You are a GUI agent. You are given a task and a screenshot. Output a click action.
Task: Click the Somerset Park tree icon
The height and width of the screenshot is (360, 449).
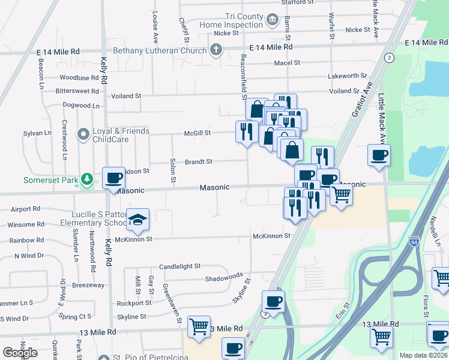click(x=87, y=179)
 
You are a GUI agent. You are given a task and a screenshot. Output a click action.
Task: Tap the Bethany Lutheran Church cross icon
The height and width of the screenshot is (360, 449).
click(x=215, y=51)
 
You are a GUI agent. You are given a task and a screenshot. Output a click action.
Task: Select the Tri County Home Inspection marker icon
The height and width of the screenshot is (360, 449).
click(x=273, y=20)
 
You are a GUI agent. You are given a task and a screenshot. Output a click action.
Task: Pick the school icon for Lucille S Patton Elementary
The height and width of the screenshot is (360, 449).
click(x=138, y=220)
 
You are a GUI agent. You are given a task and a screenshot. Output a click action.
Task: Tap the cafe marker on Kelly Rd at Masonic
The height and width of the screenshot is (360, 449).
click(x=113, y=178)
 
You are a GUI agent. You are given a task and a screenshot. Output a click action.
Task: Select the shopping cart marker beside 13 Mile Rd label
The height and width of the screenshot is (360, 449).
click(x=199, y=326)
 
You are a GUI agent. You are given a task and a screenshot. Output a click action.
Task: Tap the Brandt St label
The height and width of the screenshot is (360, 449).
click(x=199, y=161)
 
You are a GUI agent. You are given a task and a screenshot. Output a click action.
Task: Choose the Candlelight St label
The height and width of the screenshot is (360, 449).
click(x=179, y=266)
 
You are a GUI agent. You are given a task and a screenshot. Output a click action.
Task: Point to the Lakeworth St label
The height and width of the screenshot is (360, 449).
click(x=347, y=76)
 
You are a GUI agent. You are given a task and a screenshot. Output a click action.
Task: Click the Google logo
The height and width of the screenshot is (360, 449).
click(x=20, y=353)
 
